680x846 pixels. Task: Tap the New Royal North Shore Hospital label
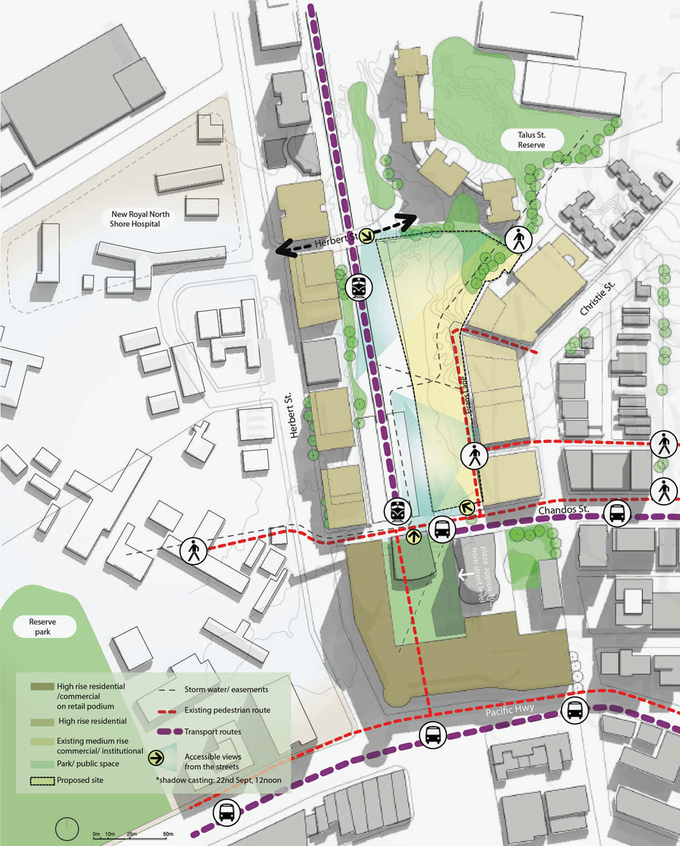(141, 218)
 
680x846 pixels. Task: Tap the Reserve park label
(42, 627)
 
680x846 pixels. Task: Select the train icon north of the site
(358, 287)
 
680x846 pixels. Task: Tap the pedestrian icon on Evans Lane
(475, 455)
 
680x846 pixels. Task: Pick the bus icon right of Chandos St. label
(617, 513)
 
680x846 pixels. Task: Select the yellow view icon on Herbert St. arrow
(366, 236)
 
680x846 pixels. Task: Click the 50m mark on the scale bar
(167, 833)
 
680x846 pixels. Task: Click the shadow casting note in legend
(220, 779)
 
